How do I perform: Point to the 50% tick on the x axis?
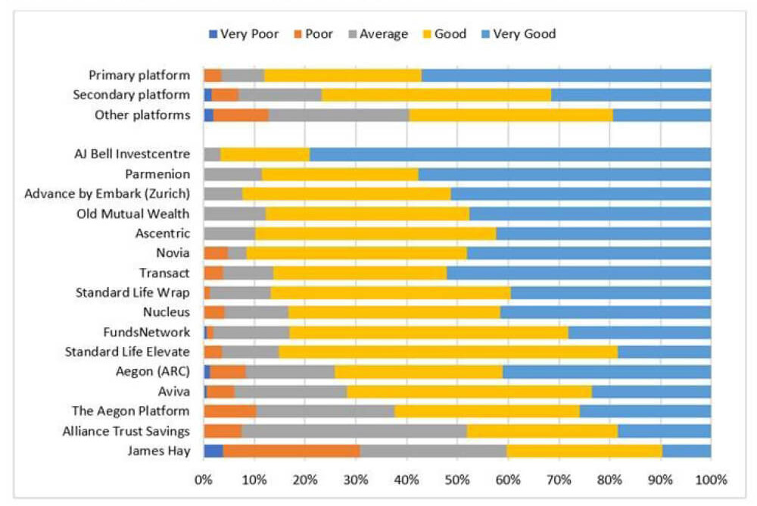pyautogui.click(x=457, y=479)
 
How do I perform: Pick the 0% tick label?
pyautogui.click(x=204, y=479)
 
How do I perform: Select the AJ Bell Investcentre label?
pyautogui.click(x=132, y=155)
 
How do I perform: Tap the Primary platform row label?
pyautogui.click(x=139, y=75)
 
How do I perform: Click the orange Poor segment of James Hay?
pyautogui.click(x=291, y=451)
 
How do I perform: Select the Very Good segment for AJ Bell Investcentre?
pyautogui.click(x=510, y=155)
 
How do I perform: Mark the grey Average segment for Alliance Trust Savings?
pyautogui.click(x=354, y=431)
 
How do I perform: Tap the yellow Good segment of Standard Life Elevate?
pyautogui.click(x=448, y=351)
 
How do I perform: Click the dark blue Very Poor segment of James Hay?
pyautogui.click(x=213, y=451)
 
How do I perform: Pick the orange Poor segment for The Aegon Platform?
pyautogui.click(x=230, y=411)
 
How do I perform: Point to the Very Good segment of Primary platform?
pyautogui.click(x=566, y=75)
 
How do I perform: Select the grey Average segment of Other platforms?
pyautogui.click(x=339, y=115)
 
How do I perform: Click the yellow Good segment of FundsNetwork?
pyautogui.click(x=428, y=332)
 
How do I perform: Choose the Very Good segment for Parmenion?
pyautogui.click(x=565, y=174)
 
